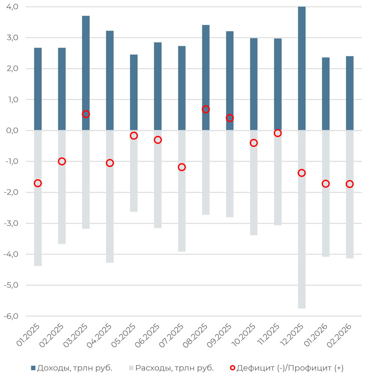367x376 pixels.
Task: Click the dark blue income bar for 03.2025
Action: tap(86, 64)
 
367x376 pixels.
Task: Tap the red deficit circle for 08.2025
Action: tap(206, 109)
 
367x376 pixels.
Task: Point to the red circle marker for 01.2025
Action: tap(38, 183)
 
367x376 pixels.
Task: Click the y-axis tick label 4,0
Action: tap(12, 7)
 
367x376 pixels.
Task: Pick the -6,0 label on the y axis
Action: tap(11, 316)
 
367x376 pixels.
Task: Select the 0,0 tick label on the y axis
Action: tap(12, 130)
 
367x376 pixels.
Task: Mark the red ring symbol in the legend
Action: tap(232, 368)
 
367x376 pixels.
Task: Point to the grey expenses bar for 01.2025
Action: tap(38, 225)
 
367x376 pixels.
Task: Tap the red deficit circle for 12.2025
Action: tap(302, 173)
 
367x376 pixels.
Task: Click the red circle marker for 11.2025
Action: tap(278, 133)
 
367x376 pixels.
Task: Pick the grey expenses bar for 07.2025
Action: tap(182, 209)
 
